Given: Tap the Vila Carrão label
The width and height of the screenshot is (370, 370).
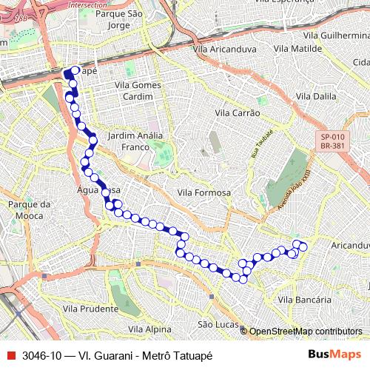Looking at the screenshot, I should pos(237,112).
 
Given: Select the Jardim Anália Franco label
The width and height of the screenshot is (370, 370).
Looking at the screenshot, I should pos(135,141).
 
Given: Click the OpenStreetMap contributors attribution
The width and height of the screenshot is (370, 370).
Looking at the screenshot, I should pos(306,332).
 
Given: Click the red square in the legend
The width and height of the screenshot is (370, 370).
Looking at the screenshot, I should pos(10,355).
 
